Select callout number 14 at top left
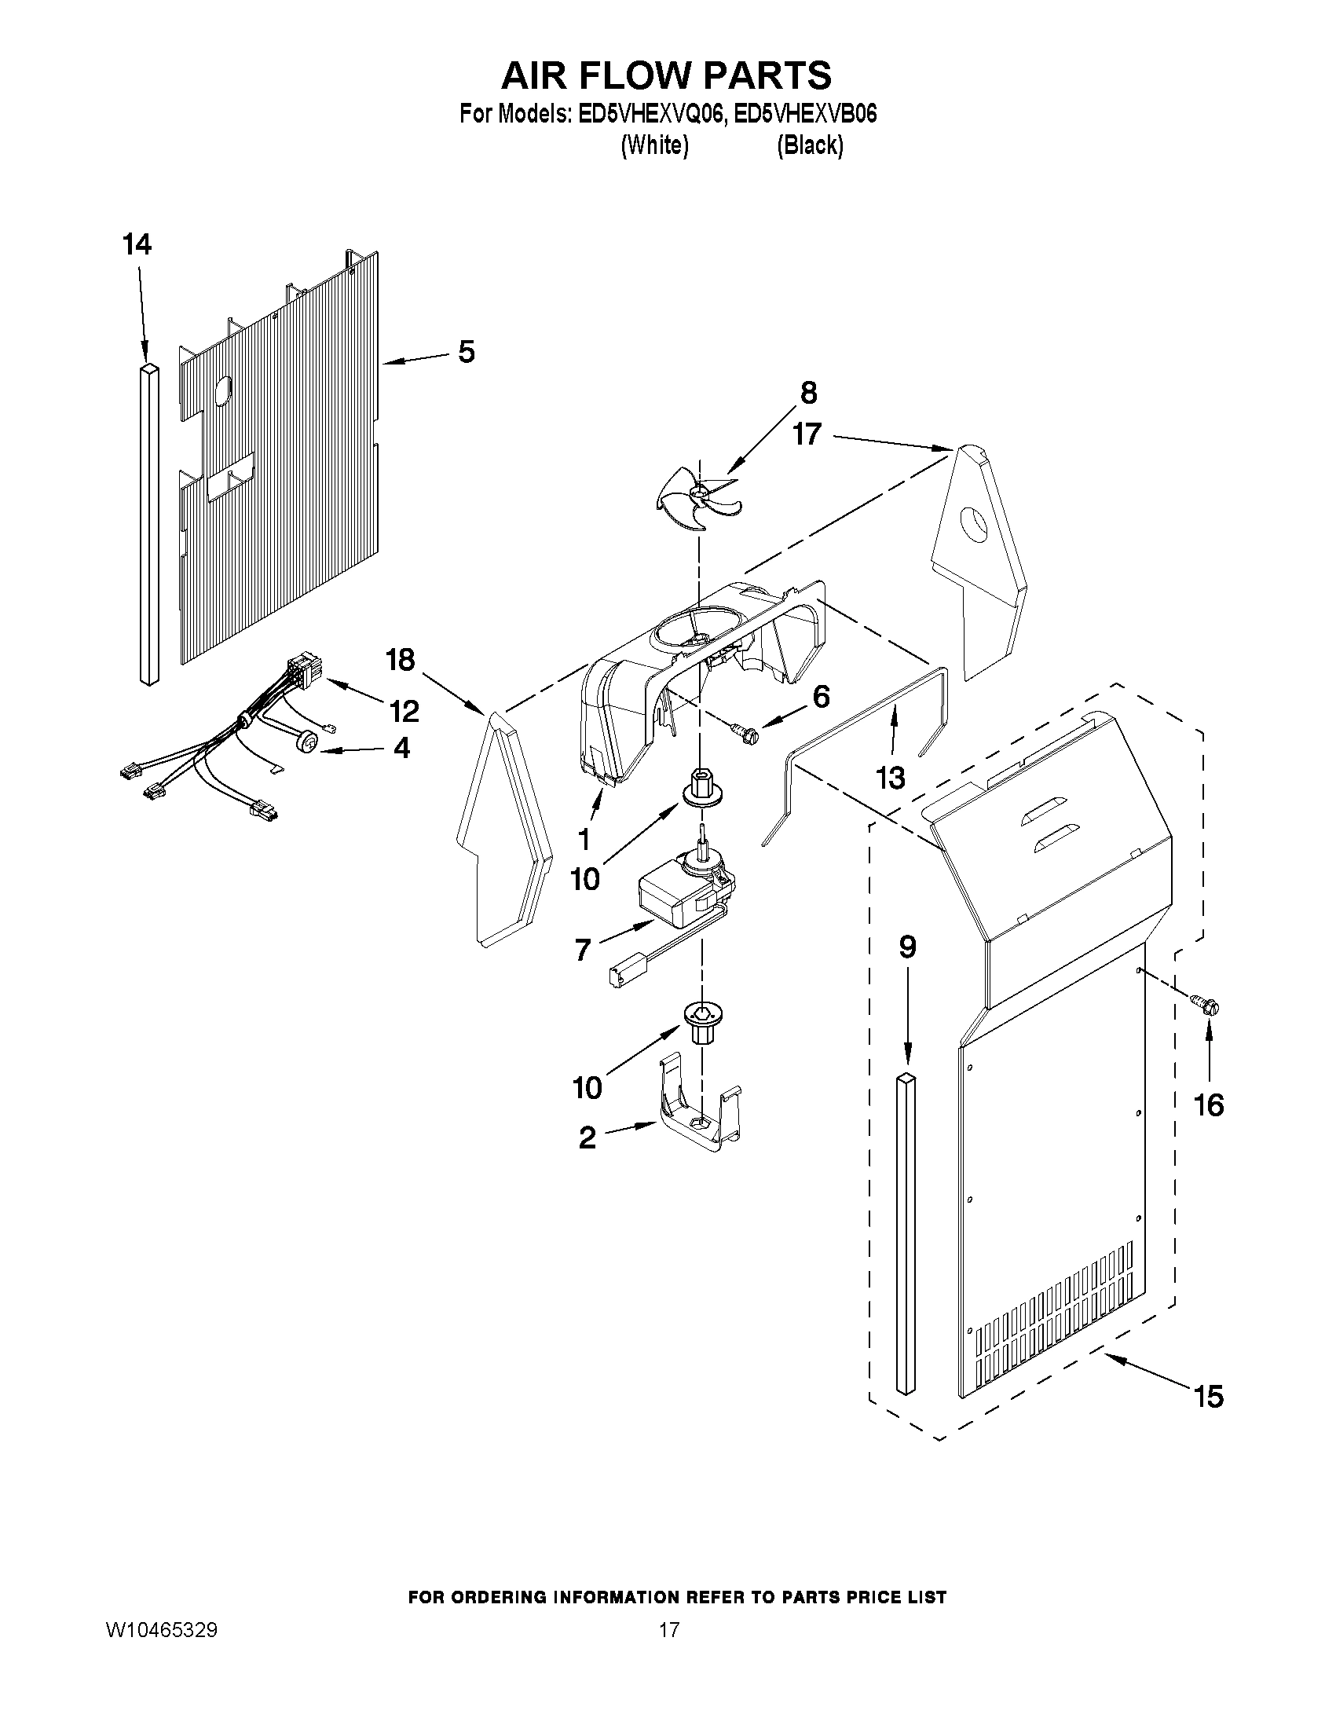tap(137, 244)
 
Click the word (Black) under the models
tap(810, 145)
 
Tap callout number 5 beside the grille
tap(467, 351)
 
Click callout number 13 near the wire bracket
tap(891, 778)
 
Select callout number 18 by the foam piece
tap(401, 659)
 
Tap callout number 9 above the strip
tap(907, 947)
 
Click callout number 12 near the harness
tap(404, 711)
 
